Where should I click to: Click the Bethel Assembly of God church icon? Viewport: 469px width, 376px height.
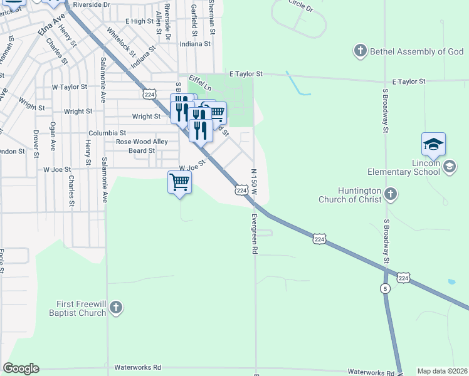click(360, 51)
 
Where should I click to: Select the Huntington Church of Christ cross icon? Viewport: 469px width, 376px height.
click(391, 194)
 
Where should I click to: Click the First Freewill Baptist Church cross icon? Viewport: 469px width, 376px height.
click(115, 307)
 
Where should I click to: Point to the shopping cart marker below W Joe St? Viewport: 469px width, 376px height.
click(180, 182)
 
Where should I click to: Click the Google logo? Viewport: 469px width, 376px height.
click(21, 368)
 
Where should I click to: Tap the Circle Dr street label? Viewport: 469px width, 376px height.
click(300, 6)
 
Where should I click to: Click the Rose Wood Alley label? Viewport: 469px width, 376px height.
click(142, 142)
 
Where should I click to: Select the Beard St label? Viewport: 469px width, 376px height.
click(141, 151)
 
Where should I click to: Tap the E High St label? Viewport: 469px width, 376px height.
click(139, 21)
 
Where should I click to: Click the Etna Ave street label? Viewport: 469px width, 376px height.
click(51, 28)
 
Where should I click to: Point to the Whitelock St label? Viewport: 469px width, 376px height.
click(121, 41)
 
